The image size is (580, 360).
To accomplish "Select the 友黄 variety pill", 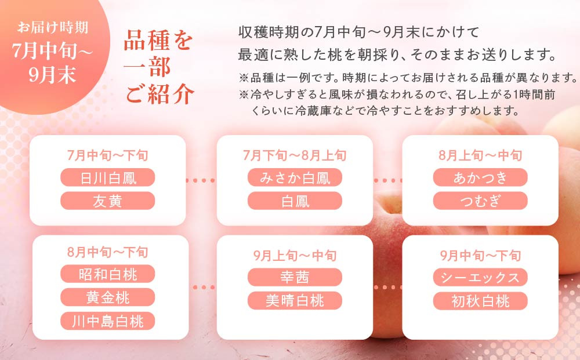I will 108,201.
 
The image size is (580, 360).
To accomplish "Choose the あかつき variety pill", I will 480,177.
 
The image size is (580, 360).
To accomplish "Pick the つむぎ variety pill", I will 480,201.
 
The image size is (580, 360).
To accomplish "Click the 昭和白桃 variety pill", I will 108,274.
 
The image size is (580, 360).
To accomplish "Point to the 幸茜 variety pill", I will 295,277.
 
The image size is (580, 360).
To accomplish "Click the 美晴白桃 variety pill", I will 295,300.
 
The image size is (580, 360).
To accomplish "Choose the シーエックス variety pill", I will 480,277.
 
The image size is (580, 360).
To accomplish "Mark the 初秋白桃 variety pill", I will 480,300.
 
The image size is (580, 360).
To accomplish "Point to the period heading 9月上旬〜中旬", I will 295,255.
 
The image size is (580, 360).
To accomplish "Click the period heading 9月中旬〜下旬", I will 480,255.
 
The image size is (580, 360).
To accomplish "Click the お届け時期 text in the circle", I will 53,27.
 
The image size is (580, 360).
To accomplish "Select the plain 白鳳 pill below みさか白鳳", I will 295,201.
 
